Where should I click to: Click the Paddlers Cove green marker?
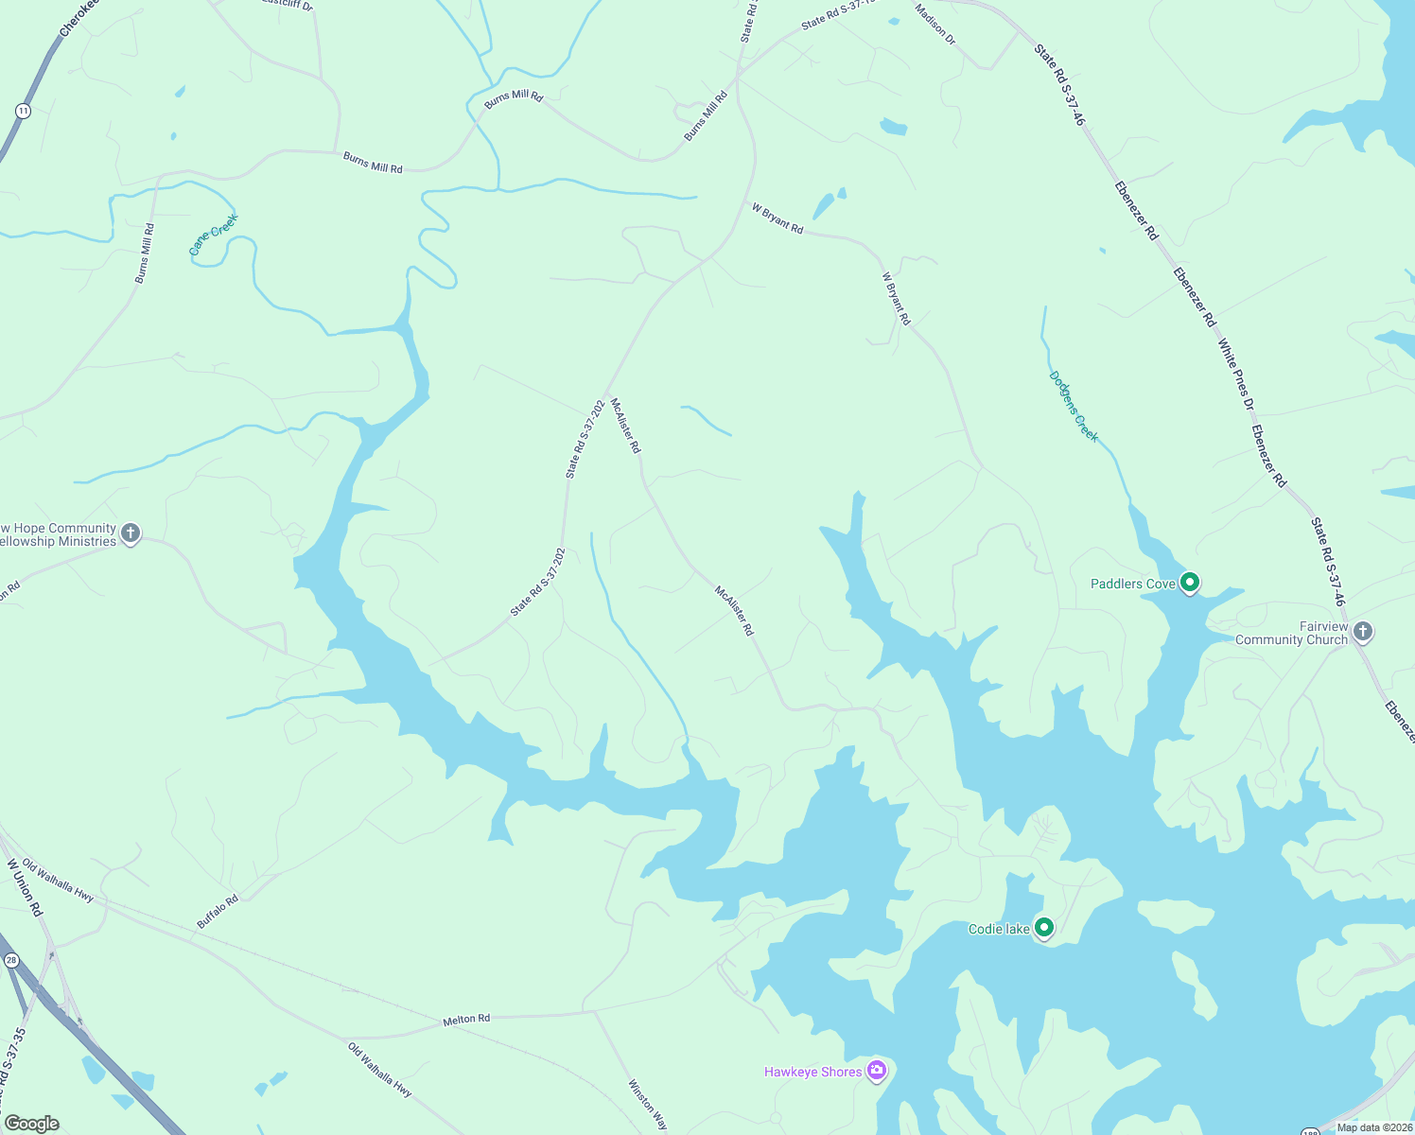[x=1190, y=583]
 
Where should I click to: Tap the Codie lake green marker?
[x=1043, y=928]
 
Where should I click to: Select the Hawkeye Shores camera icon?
[x=876, y=1070]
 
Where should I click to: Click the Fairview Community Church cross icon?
[x=1362, y=631]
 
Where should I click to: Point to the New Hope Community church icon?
[x=131, y=533]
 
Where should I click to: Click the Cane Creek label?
[x=213, y=235]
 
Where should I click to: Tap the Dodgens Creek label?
[x=1074, y=406]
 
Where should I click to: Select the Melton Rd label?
[x=467, y=1019]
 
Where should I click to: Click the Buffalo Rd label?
[x=218, y=912]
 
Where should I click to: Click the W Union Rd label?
[x=25, y=887]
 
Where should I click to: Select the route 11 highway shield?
[x=23, y=112]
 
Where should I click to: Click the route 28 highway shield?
[x=11, y=960]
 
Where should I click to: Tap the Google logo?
[x=32, y=1124]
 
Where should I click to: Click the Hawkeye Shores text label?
[x=812, y=1072]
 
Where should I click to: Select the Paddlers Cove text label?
[x=1132, y=584]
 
